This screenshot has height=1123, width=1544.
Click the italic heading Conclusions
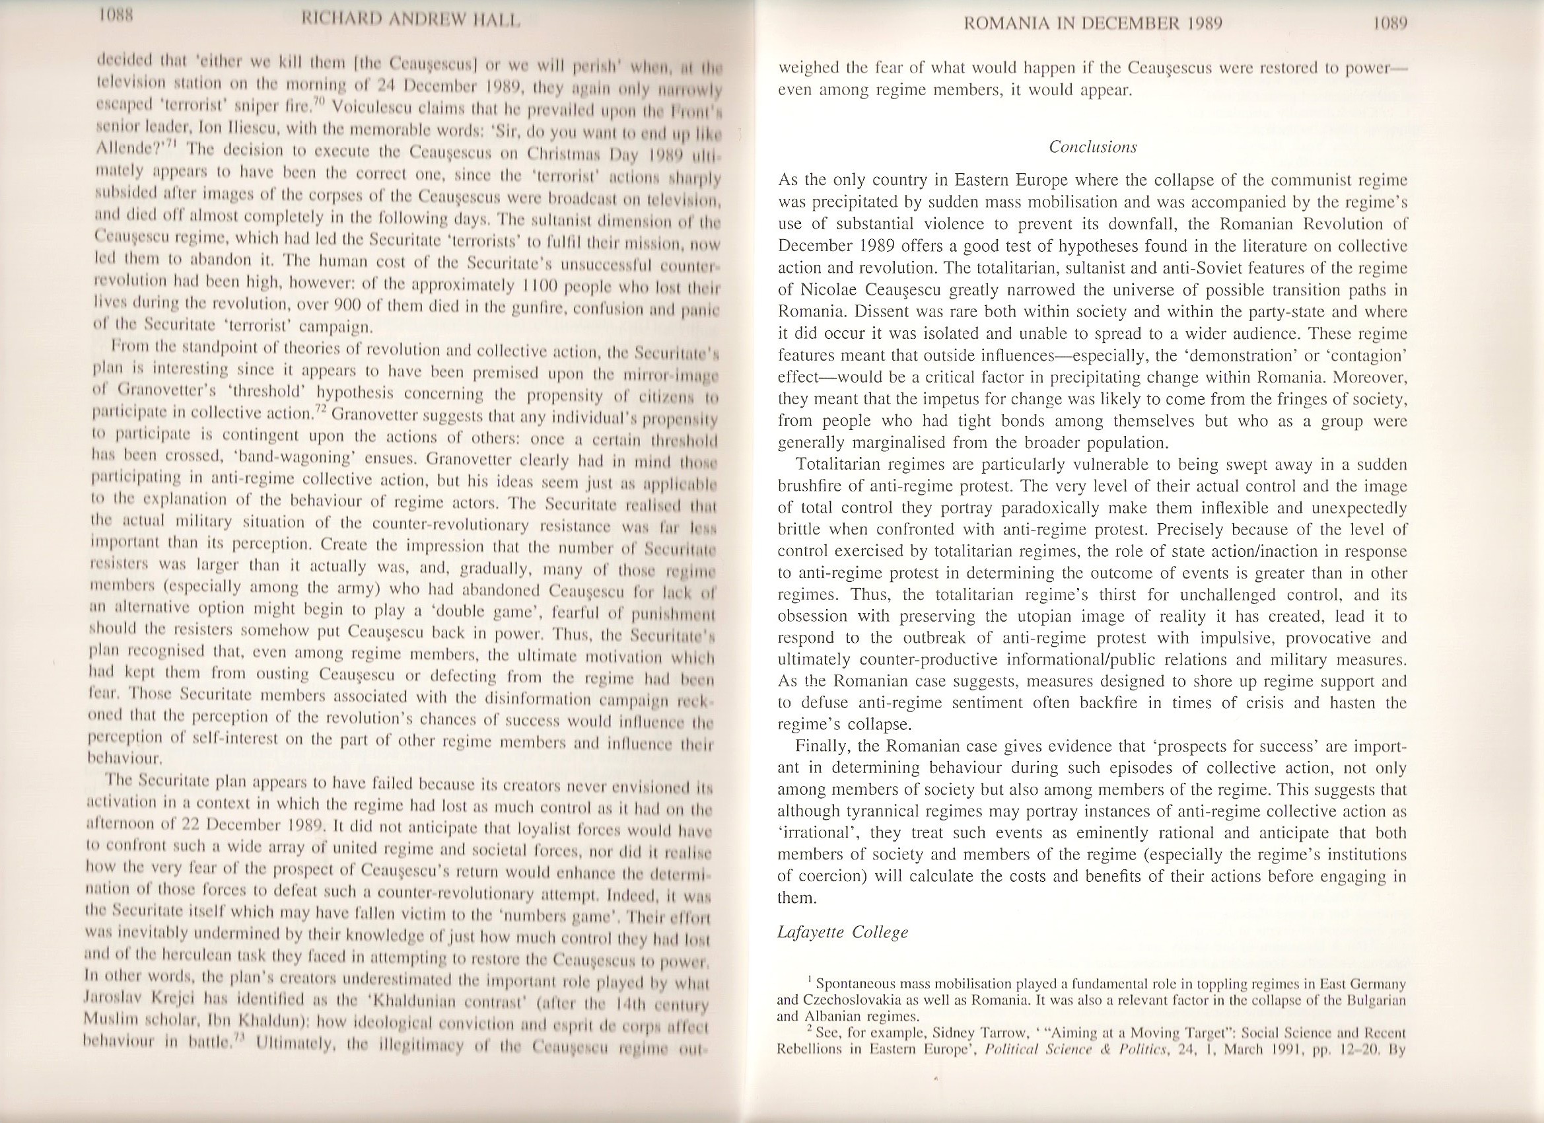pos(1093,147)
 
